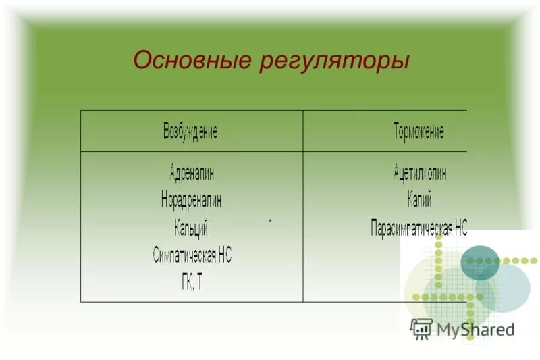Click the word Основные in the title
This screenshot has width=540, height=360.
pyautogui.click(x=192, y=60)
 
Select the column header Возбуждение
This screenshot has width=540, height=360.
pyautogui.click(x=190, y=131)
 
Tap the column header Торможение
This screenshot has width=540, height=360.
pyautogui.click(x=418, y=131)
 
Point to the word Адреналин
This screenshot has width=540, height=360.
pyautogui.click(x=192, y=172)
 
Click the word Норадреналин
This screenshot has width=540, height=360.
pyautogui.click(x=191, y=199)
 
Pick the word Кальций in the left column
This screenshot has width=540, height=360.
pyautogui.click(x=191, y=227)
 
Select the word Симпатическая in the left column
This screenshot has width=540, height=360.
pyautogui.click(x=184, y=255)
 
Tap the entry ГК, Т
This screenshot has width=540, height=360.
pyautogui.click(x=191, y=282)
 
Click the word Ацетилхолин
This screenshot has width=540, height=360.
pyautogui.click(x=420, y=172)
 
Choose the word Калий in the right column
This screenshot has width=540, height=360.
pyautogui.click(x=419, y=200)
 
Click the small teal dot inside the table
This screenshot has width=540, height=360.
pyautogui.click(x=269, y=220)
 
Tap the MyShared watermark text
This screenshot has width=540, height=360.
pyautogui.click(x=475, y=329)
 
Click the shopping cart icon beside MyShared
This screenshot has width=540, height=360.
pyautogui.click(x=421, y=328)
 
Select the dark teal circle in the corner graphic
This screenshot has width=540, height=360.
pyautogui.click(x=480, y=263)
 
